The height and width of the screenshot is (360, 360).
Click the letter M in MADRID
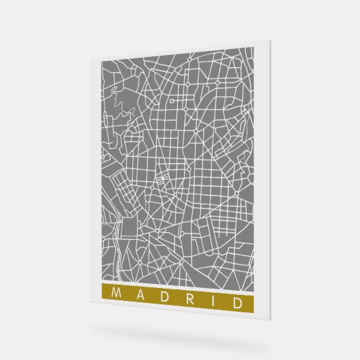click(113, 293)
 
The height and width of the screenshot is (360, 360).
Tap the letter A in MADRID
click(139, 294)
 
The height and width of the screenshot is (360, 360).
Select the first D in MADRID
click(164, 295)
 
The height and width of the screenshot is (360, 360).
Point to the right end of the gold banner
click(253, 301)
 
